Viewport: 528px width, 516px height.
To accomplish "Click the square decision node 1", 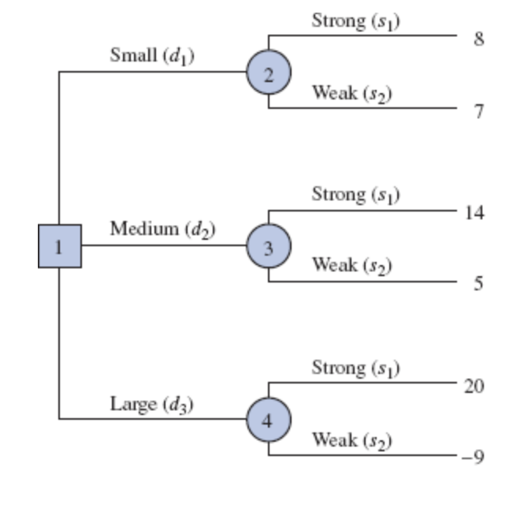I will point(59,245).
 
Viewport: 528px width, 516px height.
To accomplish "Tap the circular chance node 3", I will point(269,247).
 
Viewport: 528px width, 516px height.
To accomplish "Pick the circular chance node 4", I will point(269,419).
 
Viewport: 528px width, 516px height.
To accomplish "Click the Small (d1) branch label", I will point(153,56).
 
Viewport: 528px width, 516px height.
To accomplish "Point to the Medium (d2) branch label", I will point(162,230).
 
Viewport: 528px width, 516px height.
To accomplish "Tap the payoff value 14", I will point(474,213).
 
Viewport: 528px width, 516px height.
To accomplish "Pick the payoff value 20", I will point(474,387).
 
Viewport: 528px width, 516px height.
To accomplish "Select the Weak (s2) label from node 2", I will point(351,92).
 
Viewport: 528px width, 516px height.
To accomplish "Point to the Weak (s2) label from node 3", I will point(351,265).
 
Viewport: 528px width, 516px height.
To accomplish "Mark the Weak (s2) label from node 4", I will point(351,439).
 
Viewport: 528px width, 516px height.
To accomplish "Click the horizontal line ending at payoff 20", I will point(363,383).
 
